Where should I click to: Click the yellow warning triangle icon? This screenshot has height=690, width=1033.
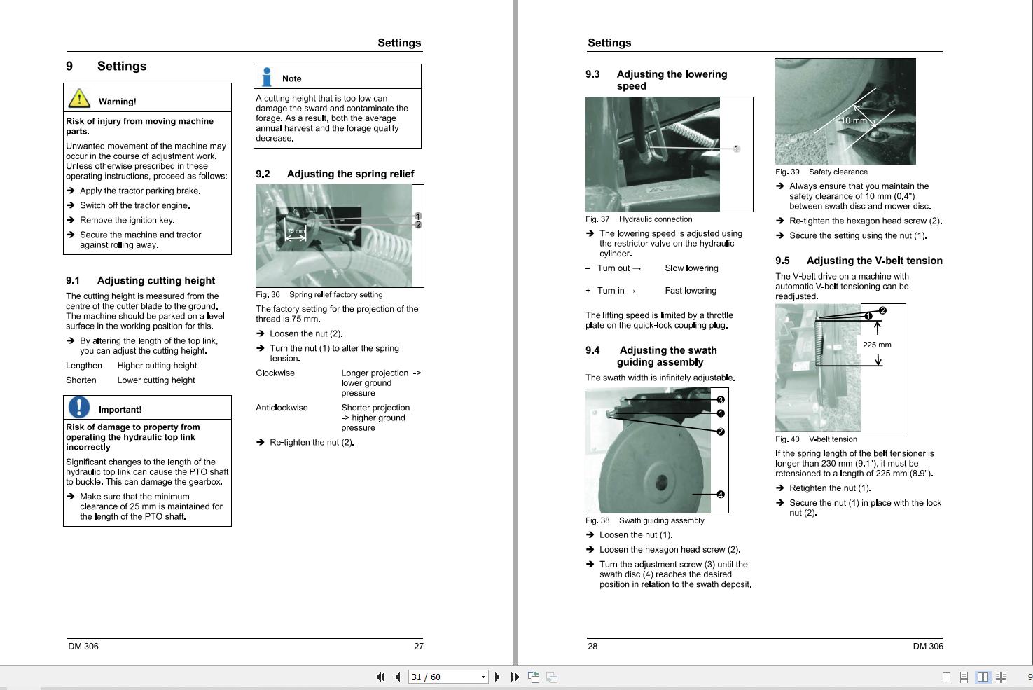(79, 98)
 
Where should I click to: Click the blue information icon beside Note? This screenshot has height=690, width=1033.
(267, 76)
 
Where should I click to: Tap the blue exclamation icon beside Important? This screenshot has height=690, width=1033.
(79, 407)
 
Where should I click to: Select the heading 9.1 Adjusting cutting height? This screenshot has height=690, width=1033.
(140, 280)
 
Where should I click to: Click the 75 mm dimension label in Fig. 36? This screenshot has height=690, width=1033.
(296, 230)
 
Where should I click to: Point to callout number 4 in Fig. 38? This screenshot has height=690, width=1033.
(720, 495)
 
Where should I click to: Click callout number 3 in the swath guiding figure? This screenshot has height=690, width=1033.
(720, 400)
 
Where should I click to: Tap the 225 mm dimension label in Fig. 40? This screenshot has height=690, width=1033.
(877, 345)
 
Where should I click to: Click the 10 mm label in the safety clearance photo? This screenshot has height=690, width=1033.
(854, 120)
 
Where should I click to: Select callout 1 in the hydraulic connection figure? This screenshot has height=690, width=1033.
(736, 149)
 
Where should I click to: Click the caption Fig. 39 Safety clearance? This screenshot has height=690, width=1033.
(821, 172)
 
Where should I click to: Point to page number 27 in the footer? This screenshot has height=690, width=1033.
(418, 646)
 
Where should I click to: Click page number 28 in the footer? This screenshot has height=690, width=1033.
(592, 646)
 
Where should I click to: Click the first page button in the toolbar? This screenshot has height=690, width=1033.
(380, 677)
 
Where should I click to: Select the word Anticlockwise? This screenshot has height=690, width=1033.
(282, 408)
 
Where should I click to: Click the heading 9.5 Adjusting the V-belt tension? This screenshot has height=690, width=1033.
(859, 261)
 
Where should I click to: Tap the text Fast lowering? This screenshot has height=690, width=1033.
(691, 291)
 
